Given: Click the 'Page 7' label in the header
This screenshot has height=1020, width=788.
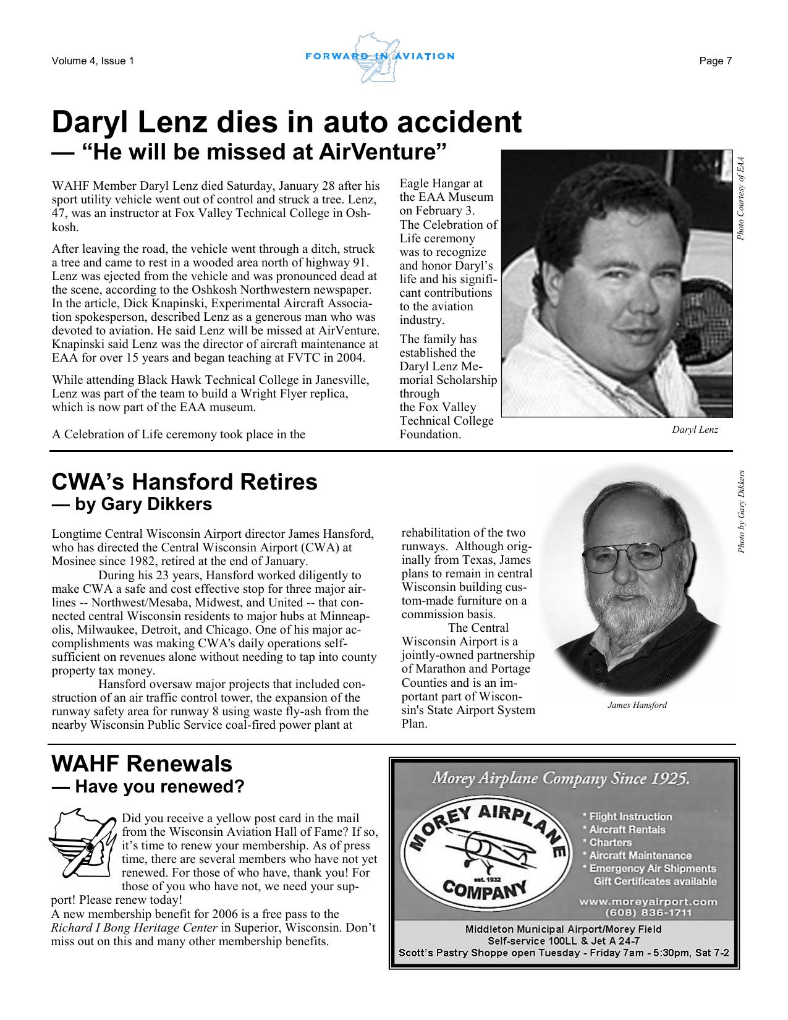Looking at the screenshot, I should pyautogui.click(x=715, y=61).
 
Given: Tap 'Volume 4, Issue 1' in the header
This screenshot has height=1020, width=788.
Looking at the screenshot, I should pyautogui.click(x=93, y=61).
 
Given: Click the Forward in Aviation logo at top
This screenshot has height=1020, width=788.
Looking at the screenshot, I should pyautogui.click(x=379, y=57).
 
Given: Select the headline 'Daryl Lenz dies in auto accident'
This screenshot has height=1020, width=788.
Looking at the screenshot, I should pyautogui.click(x=286, y=122).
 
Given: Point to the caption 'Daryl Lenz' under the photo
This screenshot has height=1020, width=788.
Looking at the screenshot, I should pyautogui.click(x=695, y=429).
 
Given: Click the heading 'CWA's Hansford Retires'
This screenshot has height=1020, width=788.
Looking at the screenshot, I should pyautogui.click(x=184, y=482).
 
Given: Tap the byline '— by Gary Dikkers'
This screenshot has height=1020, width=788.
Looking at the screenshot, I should pyautogui.click(x=132, y=504).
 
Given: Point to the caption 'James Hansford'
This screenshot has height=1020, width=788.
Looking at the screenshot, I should pyautogui.click(x=637, y=705).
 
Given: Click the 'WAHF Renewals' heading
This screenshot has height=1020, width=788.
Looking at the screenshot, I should pyautogui.click(x=142, y=764).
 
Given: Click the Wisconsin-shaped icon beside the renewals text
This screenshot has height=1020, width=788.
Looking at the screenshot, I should pyautogui.click(x=82, y=843).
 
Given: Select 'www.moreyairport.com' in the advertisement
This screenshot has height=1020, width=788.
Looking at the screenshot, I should pyautogui.click(x=648, y=901).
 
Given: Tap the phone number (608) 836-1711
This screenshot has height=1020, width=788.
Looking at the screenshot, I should pyautogui.click(x=648, y=913).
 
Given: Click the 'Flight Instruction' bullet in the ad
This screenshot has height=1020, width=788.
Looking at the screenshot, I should pyautogui.click(x=629, y=817).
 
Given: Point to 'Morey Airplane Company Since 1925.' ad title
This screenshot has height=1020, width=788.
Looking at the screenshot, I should pyautogui.click(x=560, y=778).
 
